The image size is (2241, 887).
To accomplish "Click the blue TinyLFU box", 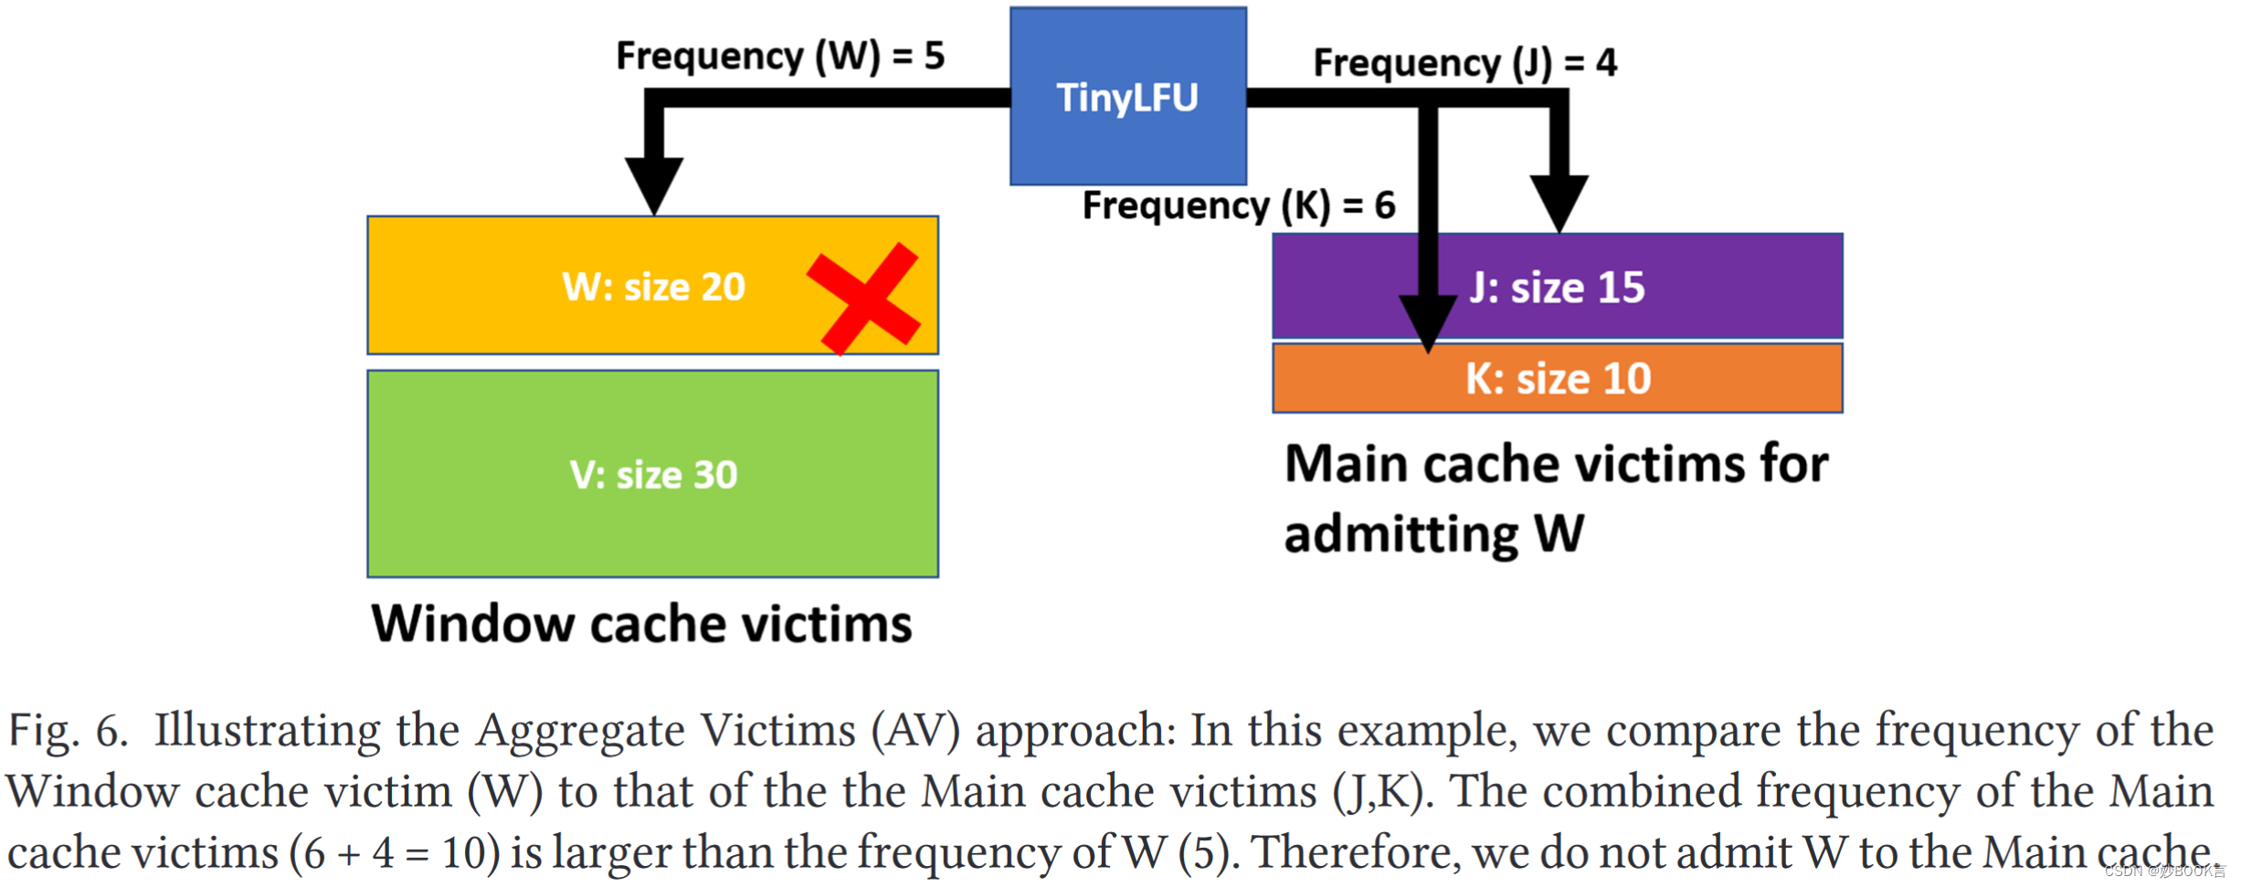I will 1127,96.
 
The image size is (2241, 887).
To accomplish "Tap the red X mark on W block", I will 863,299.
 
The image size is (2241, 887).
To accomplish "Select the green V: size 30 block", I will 652,474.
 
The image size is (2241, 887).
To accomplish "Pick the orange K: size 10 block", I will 1557,378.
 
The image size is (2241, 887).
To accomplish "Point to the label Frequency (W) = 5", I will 779,56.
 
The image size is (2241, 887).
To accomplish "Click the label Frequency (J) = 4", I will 1464,63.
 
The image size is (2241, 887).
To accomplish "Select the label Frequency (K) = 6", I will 1238,206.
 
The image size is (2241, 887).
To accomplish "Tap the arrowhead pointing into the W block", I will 654,185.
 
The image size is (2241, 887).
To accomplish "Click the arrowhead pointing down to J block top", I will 1559,203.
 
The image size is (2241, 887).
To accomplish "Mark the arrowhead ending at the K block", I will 1428,322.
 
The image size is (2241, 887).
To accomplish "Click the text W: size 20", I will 653,287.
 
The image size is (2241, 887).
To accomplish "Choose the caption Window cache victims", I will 641,624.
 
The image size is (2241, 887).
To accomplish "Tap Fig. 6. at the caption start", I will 68,732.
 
